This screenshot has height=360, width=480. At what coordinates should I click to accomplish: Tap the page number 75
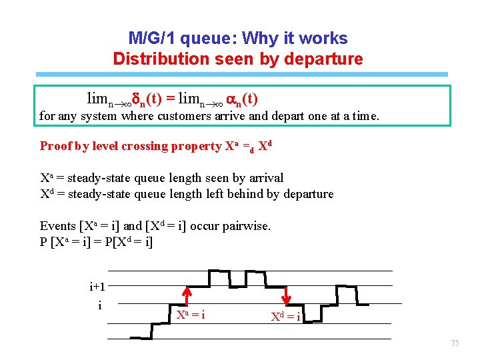pos(455,343)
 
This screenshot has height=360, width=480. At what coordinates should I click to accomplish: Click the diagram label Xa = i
pos(190,315)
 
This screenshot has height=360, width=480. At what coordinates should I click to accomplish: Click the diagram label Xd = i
pos(285,316)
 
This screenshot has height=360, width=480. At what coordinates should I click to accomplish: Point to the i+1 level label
pos(97,287)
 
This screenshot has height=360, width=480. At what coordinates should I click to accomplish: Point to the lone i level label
pos(100,305)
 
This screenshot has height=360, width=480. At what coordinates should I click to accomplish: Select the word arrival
pos(265,178)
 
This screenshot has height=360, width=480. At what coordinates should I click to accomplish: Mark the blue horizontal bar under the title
pos(241,74)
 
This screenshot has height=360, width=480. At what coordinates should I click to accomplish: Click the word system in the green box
pos(99,116)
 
